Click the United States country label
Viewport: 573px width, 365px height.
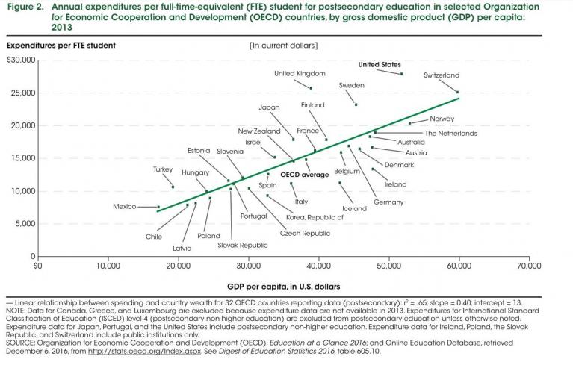coord(380,65)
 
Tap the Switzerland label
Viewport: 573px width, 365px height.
coord(442,75)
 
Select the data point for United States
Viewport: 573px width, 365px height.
coord(402,74)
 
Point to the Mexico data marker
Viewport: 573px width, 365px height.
coord(158,207)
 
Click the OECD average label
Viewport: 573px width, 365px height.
coord(305,175)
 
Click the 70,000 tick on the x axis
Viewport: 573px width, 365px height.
coord(529,265)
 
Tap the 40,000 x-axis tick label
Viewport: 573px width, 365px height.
coord(318,265)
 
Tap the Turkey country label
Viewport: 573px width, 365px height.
coord(163,169)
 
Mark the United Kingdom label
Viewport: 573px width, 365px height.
coord(300,73)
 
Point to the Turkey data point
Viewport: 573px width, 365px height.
coord(173,187)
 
